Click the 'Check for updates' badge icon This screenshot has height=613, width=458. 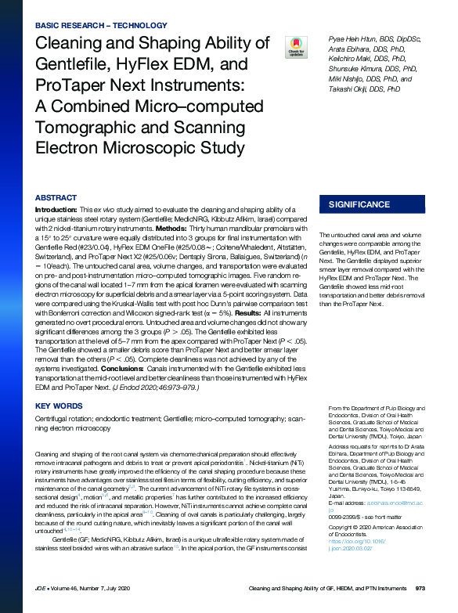pos(296,46)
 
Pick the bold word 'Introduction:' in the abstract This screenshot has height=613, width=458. pos(56,211)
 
